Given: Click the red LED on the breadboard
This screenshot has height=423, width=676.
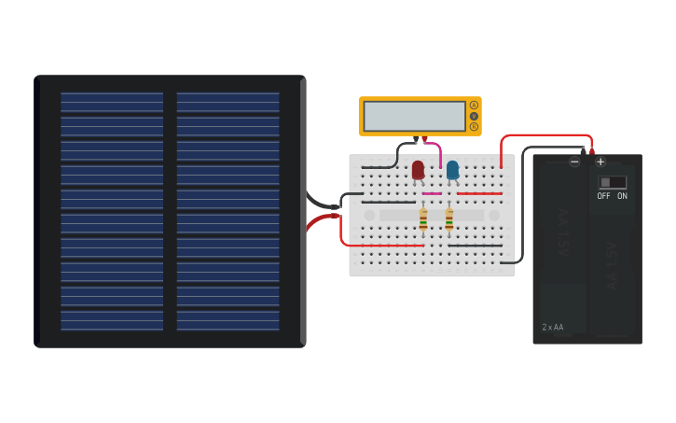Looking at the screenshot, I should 418,169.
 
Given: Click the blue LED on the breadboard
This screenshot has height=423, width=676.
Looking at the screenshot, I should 452,169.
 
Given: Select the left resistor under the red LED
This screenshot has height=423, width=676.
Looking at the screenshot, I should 423,219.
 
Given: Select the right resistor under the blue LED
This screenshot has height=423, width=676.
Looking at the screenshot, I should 449,219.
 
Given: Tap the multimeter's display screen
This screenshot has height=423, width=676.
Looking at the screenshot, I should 414,116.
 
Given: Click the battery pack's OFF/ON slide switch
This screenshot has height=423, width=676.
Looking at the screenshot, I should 612,182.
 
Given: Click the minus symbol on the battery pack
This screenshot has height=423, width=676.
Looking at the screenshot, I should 574,162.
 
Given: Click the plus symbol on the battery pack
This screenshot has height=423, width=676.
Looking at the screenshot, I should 600,162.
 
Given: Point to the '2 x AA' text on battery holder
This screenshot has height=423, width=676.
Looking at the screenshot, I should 553,328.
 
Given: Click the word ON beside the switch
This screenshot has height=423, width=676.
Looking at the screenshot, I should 622,196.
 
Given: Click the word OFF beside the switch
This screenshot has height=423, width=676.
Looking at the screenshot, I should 603,196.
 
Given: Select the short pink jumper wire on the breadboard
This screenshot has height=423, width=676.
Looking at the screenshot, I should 432,193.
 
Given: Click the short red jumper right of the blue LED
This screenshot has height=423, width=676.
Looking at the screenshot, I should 479,193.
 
